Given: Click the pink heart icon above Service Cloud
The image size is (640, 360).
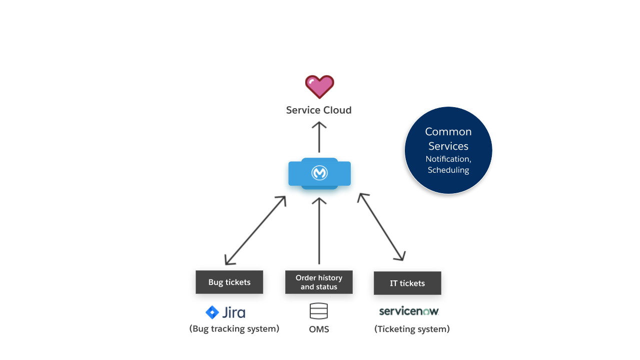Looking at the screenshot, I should click(319, 87).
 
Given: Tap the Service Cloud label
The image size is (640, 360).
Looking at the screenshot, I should click(319, 110).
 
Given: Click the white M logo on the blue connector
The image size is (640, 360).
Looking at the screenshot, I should click(319, 173).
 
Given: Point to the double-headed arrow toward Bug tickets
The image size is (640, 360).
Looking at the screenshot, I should click(255, 230).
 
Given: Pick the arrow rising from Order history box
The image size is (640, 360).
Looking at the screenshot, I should click(319, 230).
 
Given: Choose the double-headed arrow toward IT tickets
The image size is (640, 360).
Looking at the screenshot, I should click(381, 227).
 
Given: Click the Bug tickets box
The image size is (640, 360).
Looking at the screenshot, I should click(229, 282).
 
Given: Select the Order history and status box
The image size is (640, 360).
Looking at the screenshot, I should click(319, 282).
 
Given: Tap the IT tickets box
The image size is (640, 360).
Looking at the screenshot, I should click(407, 283).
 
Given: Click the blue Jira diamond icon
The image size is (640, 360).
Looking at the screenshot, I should click(212, 312).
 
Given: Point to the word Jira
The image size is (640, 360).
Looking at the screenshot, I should click(234, 313).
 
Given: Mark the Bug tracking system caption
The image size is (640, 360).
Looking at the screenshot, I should click(234, 329).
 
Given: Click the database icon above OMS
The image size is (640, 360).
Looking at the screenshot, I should click(319, 311).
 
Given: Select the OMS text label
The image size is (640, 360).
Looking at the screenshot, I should click(319, 329).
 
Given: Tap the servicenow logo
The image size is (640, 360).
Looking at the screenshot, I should click(409, 311).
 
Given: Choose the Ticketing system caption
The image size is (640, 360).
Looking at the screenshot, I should click(412, 329).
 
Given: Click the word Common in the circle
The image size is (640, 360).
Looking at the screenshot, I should click(448, 132).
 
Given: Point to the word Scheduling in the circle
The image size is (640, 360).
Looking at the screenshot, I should click(448, 170).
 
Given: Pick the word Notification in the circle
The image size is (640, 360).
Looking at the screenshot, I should click(448, 159).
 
